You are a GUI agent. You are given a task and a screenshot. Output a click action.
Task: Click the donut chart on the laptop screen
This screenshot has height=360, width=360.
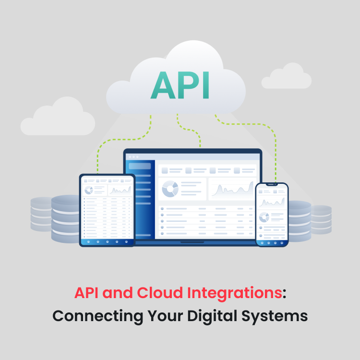170,189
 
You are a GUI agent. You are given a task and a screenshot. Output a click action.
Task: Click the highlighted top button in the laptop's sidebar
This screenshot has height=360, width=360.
140,166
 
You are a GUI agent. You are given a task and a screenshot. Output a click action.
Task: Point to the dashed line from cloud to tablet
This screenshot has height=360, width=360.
98,154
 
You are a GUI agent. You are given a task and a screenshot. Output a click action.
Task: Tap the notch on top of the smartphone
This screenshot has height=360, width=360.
272,184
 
